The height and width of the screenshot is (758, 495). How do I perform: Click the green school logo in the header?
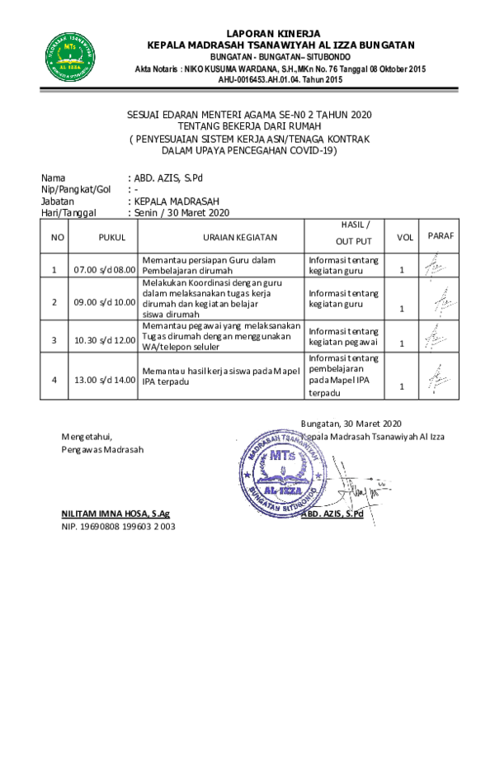coord(70,57)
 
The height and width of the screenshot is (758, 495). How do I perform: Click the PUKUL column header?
coord(112,237)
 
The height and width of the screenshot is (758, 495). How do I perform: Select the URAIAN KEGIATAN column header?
coord(240,237)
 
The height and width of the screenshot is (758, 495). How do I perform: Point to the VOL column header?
coord(405,237)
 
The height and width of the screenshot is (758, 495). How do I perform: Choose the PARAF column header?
coord(441,236)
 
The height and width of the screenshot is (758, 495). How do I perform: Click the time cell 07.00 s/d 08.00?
coord(104,270)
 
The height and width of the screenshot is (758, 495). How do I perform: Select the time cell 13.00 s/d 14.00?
coord(104,380)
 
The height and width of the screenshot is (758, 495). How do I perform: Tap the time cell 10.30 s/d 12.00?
coord(104,340)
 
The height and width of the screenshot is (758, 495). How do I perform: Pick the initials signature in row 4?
coord(439,378)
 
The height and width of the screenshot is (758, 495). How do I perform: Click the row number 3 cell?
coord(54,340)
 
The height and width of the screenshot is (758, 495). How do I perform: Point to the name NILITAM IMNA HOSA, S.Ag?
coord(115,514)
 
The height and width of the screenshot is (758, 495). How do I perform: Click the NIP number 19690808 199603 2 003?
coord(118,527)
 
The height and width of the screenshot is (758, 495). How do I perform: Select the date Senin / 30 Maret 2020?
coord(181,213)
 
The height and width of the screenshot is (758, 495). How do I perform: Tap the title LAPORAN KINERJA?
coord(273,34)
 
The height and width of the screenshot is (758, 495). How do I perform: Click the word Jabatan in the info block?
coord(58,201)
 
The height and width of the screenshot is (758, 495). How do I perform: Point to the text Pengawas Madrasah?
coord(102,449)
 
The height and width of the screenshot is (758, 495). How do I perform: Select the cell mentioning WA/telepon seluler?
coord(221,336)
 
